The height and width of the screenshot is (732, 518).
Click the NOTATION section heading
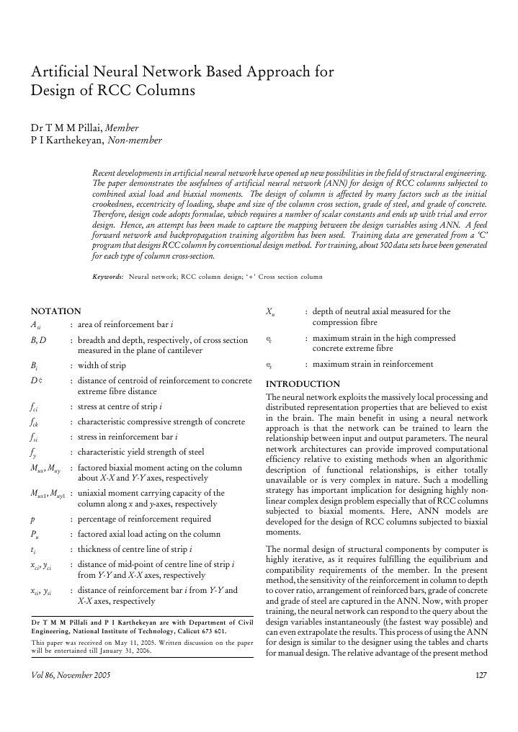coord(55,311)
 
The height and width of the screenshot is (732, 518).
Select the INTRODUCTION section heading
coord(303,384)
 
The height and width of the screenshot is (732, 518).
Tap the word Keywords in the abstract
coord(108,277)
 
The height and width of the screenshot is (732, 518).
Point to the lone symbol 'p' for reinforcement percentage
coord(32,519)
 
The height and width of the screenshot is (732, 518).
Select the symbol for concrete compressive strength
coord(35,421)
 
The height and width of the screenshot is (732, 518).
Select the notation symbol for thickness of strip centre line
coord(33,550)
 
